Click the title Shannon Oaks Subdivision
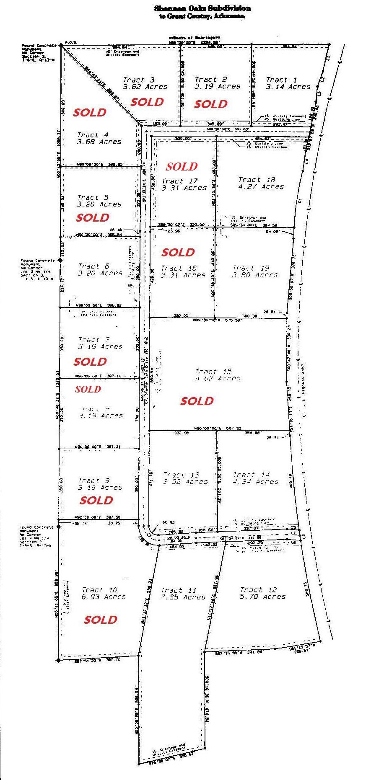[202, 8]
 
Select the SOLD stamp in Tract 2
[211, 104]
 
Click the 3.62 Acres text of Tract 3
[145, 87]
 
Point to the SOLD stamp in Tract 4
[90, 112]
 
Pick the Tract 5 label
[93, 197]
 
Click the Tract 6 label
[94, 266]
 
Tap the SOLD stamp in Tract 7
[90, 362]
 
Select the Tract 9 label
[94, 480]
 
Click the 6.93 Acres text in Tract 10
[104, 597]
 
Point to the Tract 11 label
[179, 590]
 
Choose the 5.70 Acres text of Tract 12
[263, 597]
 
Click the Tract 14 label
[252, 475]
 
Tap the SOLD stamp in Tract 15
[197, 401]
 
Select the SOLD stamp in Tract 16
[178, 252]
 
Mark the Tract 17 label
[180, 181]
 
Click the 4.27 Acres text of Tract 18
[261, 187]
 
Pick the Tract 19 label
[251, 268]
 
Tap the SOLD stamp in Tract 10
[101, 620]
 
